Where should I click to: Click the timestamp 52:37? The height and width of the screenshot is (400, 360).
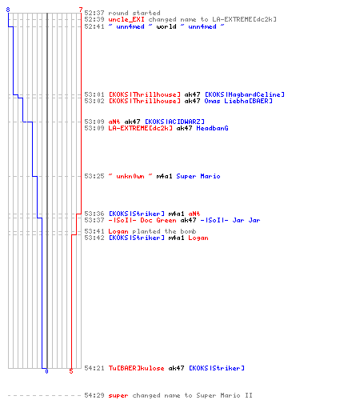(94, 13)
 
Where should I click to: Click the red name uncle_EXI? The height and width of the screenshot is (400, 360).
(126, 19)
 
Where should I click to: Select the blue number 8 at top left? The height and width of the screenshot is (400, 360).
(8, 10)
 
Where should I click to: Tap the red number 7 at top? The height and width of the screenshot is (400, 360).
(81, 10)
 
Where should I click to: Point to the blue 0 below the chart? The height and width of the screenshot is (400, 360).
(46, 371)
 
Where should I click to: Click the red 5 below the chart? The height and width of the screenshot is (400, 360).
(71, 371)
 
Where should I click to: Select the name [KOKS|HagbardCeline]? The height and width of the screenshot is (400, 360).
(245, 94)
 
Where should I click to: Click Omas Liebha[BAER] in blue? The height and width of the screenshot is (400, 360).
(238, 101)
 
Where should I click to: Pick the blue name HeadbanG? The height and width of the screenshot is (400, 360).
(212, 128)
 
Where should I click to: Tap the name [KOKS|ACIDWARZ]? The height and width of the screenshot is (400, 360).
(174, 122)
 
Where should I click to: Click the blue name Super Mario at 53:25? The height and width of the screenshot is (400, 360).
(198, 176)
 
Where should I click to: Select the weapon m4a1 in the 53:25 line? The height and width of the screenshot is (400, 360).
(164, 176)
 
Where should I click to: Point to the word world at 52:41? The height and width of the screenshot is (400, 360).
(166, 26)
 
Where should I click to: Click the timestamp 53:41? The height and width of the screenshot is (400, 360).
(94, 231)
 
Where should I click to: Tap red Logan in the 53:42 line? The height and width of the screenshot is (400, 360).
(198, 238)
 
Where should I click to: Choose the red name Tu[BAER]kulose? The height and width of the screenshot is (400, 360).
(136, 368)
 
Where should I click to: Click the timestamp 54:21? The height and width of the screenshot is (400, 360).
(94, 368)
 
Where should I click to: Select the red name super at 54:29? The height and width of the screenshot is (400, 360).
(118, 395)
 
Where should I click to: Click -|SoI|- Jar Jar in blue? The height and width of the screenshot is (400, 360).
(230, 220)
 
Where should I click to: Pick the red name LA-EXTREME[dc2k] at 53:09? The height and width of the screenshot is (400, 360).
(140, 128)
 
